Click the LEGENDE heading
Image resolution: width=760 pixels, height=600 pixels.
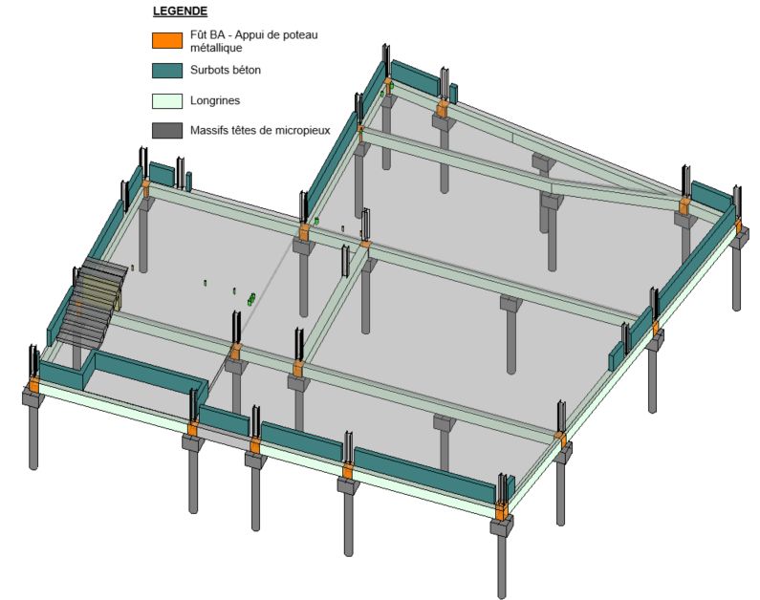[x=180, y=11]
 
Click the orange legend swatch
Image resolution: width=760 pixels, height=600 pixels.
[x=167, y=41]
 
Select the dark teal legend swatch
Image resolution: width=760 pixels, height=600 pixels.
[x=167, y=71]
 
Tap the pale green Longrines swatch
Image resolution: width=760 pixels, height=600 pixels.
[x=167, y=100]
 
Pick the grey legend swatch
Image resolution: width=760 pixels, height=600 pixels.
[x=167, y=131]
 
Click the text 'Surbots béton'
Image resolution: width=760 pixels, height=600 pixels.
[x=226, y=70]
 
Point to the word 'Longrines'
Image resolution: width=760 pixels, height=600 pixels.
[x=215, y=100]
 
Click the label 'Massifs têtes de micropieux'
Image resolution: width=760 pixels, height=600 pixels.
[x=260, y=130]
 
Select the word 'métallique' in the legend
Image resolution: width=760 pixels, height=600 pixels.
[x=216, y=48]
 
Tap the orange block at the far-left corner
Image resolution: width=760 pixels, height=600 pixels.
[x=33, y=385]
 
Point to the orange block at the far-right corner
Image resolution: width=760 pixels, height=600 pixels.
[x=739, y=226]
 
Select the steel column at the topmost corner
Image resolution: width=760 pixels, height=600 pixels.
[x=386, y=60]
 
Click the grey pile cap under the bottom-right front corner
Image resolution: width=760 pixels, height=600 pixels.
[x=502, y=525]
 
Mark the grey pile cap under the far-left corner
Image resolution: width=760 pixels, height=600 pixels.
[x=33, y=398]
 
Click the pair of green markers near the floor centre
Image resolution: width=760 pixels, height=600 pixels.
[x=251, y=299]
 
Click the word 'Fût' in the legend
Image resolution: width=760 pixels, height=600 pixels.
[x=198, y=34]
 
